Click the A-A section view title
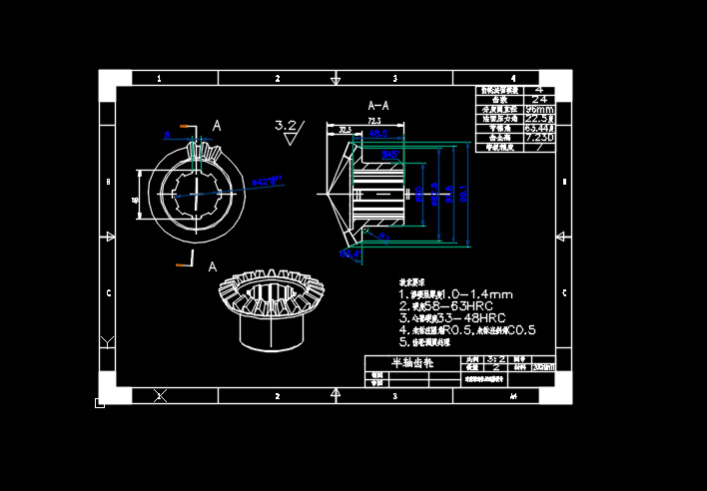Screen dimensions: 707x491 coord(378,105)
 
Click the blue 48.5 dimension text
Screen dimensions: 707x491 coord(377,133)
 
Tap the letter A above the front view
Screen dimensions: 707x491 coord(217,126)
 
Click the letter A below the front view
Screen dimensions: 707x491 coord(212,266)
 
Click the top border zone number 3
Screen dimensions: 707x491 coord(394,78)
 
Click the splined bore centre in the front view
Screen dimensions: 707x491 coord(197,195)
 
